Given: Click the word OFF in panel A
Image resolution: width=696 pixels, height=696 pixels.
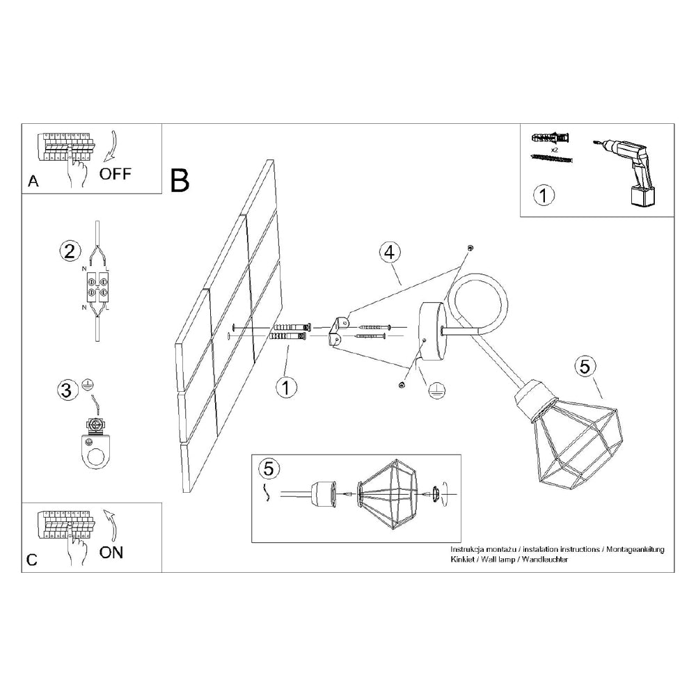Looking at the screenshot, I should pos(115,173).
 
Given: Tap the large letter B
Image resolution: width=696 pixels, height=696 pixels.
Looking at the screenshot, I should pos(179,180).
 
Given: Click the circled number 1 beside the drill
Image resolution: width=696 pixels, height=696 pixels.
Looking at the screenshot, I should pos(544,196).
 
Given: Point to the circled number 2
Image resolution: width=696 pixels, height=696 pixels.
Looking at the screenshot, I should pos(68,251).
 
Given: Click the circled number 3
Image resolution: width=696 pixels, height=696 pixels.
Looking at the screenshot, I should pos(67,390).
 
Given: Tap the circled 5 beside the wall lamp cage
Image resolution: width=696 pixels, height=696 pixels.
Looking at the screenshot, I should pos(585,366).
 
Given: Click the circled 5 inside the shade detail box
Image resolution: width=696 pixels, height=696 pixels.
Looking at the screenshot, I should pos(268,468).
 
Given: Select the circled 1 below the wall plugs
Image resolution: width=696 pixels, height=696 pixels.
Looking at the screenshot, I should pos(285,388).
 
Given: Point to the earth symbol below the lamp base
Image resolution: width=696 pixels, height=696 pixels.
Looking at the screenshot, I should pos(436,390).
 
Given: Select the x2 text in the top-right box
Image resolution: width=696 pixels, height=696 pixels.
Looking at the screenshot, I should pos(555,149).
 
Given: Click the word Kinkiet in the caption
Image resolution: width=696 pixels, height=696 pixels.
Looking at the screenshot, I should pos(465,560).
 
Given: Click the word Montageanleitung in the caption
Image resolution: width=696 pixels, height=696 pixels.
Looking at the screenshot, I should pos(635,549).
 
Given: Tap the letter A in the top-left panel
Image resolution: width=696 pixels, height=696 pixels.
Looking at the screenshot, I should pos(33,182).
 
